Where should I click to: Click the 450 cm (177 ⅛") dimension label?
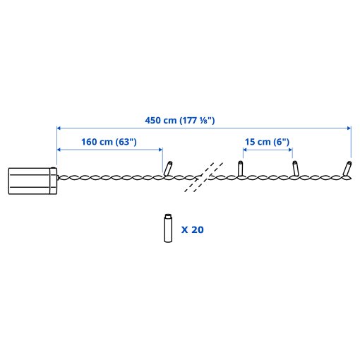click(180, 121)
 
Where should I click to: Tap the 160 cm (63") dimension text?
click(109, 142)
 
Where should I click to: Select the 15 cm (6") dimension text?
click(267, 142)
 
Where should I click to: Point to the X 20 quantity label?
click(192, 229)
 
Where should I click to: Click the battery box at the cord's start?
click(32, 181)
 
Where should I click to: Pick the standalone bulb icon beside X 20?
click(168, 228)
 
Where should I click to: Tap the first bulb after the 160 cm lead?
click(168, 168)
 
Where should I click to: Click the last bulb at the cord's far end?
click(347, 169)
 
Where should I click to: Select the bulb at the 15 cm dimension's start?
click(240, 168)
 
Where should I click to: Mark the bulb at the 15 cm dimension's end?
click(295, 168)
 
